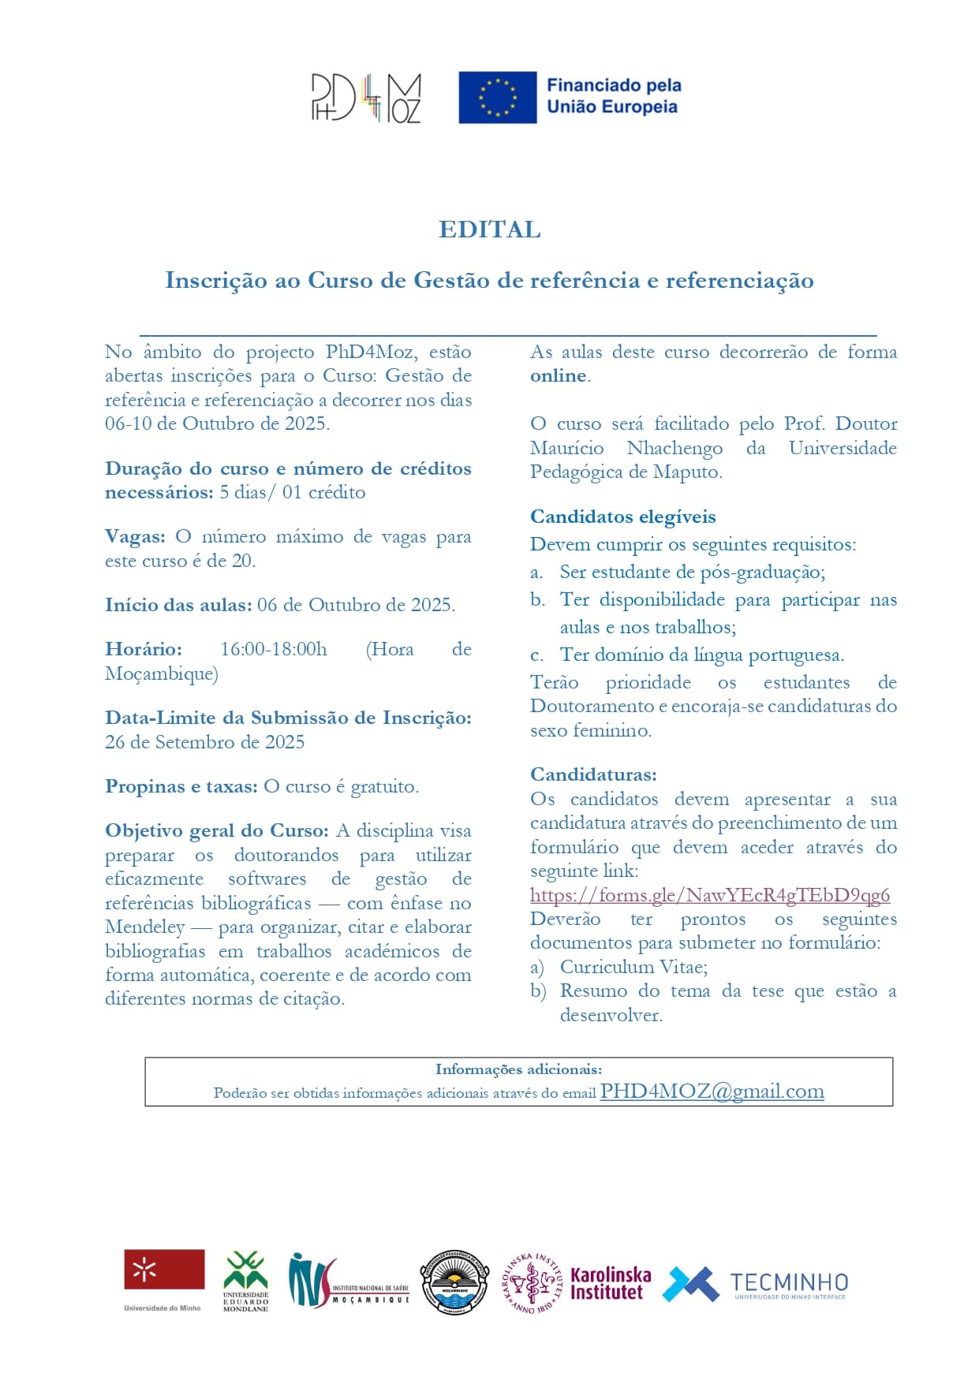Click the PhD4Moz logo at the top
[x=366, y=98]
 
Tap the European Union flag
[x=497, y=97]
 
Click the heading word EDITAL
[x=489, y=229]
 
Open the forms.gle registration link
[x=709, y=895]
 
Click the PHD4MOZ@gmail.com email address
[x=712, y=1091]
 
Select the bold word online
[x=558, y=376]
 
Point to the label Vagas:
[x=135, y=537]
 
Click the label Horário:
[x=143, y=650]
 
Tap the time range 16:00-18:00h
[x=273, y=650]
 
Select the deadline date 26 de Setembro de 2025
[x=204, y=742]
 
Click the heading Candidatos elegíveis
[x=622, y=517]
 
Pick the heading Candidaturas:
[x=593, y=774]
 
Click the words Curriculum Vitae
[x=633, y=967]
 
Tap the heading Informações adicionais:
[x=518, y=1069]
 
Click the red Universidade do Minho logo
[x=163, y=1271]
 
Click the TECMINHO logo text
[x=788, y=1284]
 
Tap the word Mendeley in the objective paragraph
[x=144, y=927]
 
